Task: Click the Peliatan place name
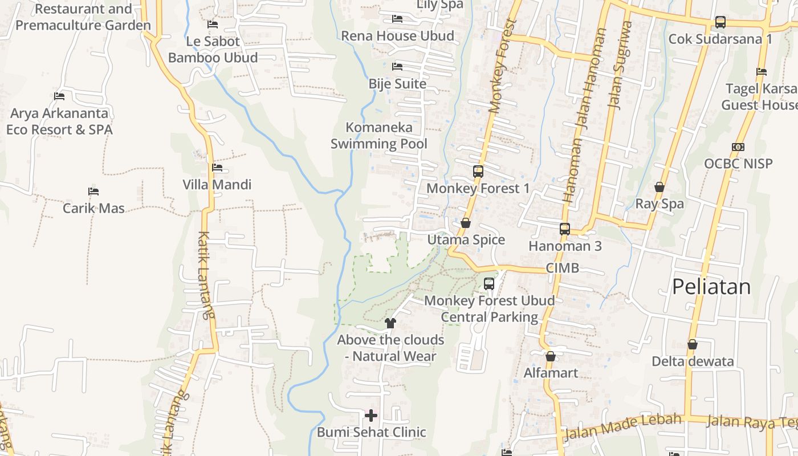(711, 287)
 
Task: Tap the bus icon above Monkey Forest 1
(478, 171)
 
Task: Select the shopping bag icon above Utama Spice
(466, 223)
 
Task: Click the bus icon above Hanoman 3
(564, 229)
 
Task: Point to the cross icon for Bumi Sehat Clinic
(371, 415)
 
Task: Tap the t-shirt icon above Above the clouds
(390, 323)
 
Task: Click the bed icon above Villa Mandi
(217, 168)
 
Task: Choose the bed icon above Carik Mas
(93, 192)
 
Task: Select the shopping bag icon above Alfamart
(551, 357)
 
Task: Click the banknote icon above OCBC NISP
(738, 147)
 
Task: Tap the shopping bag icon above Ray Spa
(659, 187)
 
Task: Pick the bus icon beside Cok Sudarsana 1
(720, 22)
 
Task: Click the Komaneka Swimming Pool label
(379, 136)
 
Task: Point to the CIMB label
(562, 268)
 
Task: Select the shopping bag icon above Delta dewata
(693, 344)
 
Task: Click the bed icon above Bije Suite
(397, 67)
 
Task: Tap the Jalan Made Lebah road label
(622, 426)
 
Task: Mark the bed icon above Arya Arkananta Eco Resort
(59, 96)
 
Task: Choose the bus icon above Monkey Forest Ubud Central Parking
(489, 284)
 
